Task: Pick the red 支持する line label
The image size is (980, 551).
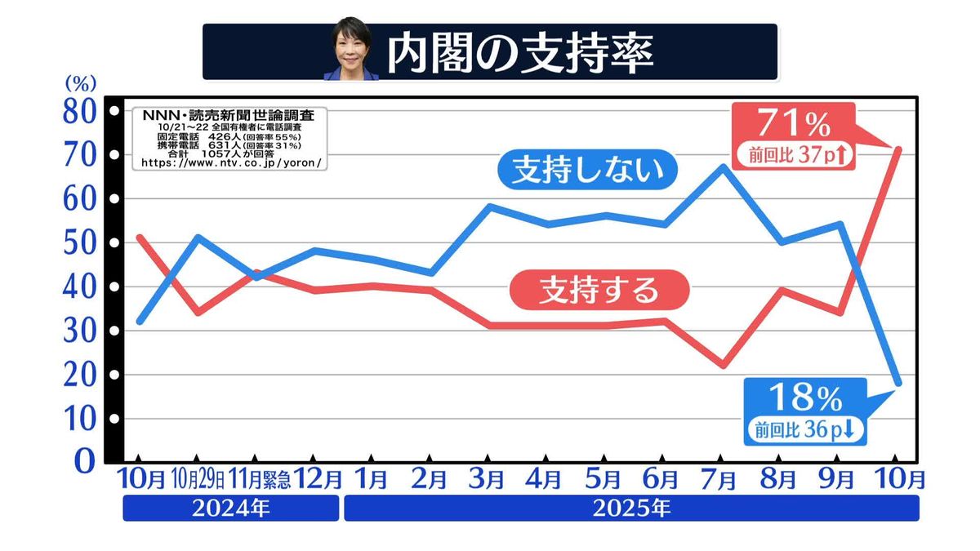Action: click(599, 290)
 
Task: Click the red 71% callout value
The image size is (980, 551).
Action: click(794, 125)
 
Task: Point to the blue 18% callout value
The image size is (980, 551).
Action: click(806, 399)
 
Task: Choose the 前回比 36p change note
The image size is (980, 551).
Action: click(805, 429)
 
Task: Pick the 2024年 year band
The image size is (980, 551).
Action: click(230, 509)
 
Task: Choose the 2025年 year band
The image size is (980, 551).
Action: click(631, 509)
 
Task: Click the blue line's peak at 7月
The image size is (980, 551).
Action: click(723, 167)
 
